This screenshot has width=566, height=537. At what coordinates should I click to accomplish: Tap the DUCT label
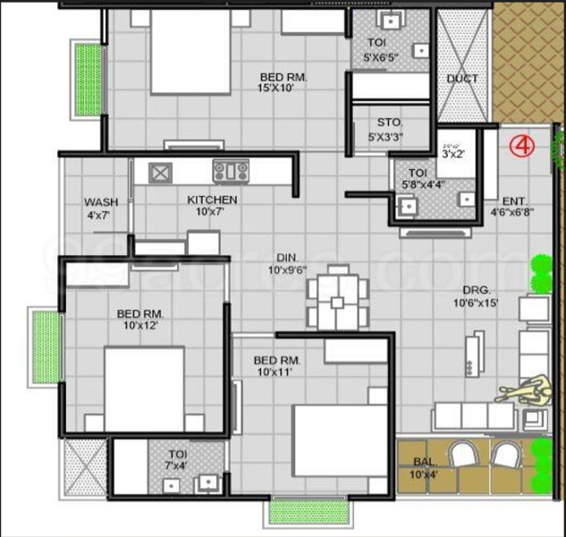point(462,79)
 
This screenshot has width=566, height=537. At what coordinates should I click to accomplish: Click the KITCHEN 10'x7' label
point(212,206)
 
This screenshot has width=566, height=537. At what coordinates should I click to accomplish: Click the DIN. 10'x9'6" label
point(287,262)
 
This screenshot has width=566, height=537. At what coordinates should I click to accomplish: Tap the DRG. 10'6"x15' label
point(475,296)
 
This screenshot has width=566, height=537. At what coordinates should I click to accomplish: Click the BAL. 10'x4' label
point(424,467)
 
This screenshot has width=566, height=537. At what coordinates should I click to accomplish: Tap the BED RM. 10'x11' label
point(277,365)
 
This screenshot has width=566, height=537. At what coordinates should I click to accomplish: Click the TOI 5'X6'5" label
point(388,49)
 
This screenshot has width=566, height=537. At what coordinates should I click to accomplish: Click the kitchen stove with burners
point(231,170)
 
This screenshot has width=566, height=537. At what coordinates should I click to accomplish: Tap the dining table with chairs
point(335,297)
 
